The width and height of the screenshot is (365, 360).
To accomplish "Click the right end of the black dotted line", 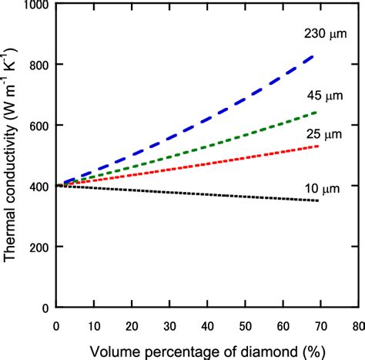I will pos(316,201).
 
